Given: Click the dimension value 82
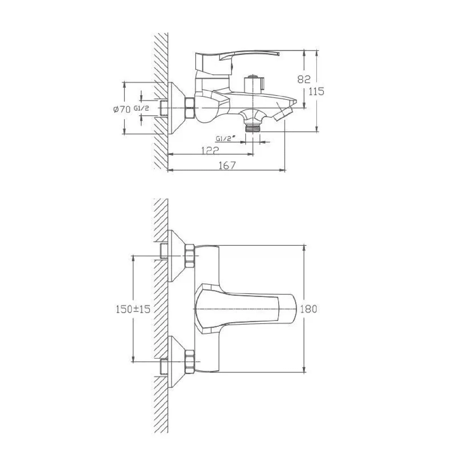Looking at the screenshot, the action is tap(304, 79).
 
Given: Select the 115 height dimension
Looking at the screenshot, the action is tap(316, 91).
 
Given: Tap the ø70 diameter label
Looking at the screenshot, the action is tap(122, 109).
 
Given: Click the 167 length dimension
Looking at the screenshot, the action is tap(227, 165).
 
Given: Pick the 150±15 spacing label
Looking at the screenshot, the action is tap(133, 309).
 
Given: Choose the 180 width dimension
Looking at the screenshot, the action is tap(308, 309).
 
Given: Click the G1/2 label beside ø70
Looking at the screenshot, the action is tap(141, 108).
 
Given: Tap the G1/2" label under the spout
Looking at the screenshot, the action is tap(226, 139).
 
